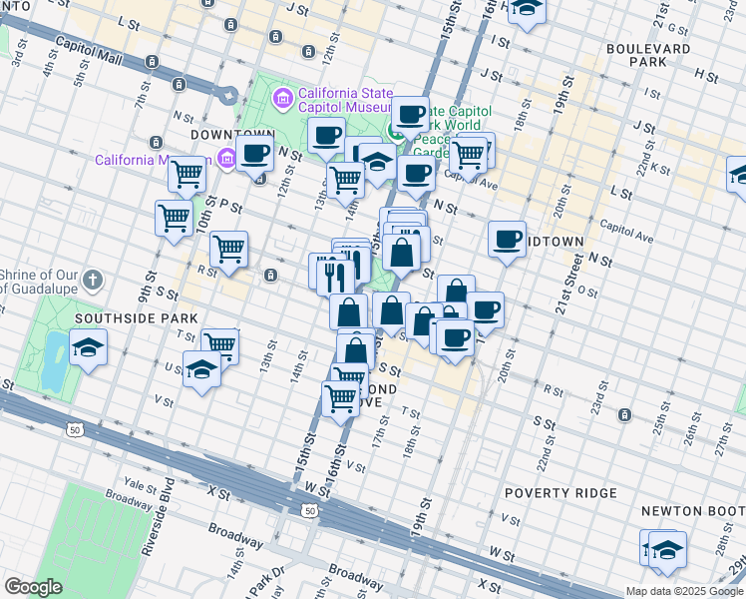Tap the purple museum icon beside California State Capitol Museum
pos(283,98)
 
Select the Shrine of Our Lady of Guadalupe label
pos(40,283)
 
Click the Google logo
pos(33,586)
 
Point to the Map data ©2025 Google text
pos(683,591)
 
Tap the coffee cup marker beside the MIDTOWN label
pos(508,240)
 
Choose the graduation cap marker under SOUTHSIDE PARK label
pos(89,349)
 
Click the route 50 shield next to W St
pos(311,510)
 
